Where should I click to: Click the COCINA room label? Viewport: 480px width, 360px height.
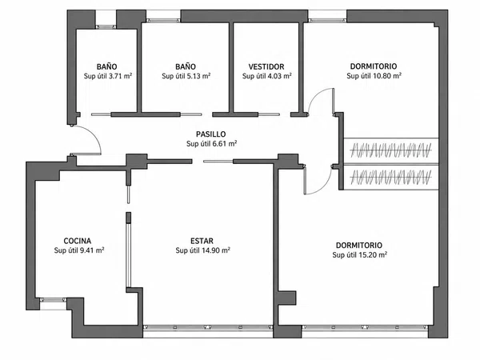coord(78,241)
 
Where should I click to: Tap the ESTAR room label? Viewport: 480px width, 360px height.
coord(202,241)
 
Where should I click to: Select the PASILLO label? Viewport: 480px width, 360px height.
coord(211,134)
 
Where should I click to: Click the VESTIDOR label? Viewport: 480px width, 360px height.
coord(266,66)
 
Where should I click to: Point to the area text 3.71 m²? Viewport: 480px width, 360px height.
coord(120,76)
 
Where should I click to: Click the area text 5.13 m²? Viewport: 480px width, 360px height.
coord(198,76)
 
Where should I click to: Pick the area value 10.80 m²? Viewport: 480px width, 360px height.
coord(387,76)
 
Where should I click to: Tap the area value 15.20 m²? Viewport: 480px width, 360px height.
coord(373,254)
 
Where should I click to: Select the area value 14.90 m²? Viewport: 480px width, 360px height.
coord(216,250)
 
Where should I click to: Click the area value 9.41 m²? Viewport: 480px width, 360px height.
coord(92,250)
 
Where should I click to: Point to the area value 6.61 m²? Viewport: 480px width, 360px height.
coord(225,143)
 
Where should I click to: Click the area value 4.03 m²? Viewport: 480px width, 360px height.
coord(279,76)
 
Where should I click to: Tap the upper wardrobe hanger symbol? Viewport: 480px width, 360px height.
coord(391,150)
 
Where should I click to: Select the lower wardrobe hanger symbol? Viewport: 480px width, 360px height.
coord(391,178)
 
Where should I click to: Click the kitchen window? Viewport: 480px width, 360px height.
coord(53,300)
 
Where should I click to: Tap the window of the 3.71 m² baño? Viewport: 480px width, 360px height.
coord(106,27)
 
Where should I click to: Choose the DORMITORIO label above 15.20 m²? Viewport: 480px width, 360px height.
coord(359,246)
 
